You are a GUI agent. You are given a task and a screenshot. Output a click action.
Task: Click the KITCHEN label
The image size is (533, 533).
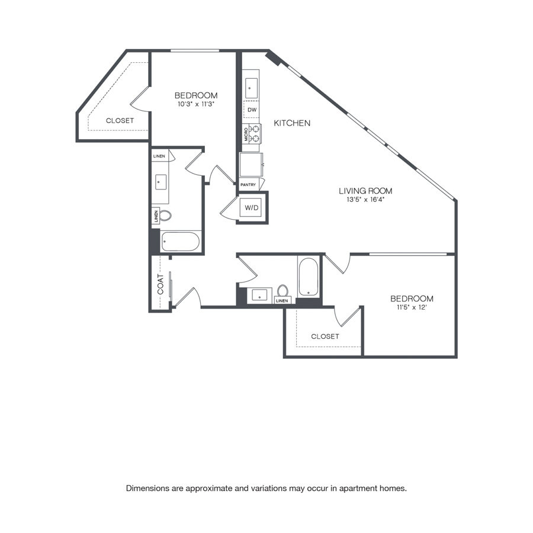click(x=292, y=123)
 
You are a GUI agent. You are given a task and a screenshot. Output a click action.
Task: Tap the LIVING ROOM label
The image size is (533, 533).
click(x=365, y=191)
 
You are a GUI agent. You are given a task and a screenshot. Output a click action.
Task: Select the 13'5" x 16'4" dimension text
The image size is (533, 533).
click(x=365, y=200)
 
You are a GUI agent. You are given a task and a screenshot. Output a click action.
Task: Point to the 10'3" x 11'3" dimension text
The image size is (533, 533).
click(x=196, y=104)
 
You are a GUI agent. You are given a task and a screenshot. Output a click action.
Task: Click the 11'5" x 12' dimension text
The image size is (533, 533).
click(x=412, y=307)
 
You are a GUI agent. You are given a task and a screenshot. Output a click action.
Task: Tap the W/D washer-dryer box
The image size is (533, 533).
click(x=252, y=207)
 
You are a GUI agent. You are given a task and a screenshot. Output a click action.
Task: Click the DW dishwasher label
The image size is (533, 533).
click(x=252, y=110)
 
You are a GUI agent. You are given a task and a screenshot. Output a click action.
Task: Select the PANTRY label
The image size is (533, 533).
click(x=248, y=185)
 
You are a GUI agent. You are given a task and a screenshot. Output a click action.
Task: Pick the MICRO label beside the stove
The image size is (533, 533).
click(x=246, y=134)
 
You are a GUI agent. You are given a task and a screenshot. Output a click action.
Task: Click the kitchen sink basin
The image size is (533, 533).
click(x=251, y=88)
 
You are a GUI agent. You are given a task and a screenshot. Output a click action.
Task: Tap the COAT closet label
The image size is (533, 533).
click(x=160, y=284)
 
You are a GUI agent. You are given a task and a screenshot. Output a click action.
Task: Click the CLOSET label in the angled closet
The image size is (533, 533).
click(x=120, y=121)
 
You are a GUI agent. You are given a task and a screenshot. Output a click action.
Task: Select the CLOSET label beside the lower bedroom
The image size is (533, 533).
click(x=325, y=336)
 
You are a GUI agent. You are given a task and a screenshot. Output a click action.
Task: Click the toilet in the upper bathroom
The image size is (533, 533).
click(x=165, y=215)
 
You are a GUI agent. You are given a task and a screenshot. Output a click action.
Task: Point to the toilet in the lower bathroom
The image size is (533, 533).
click(x=282, y=291)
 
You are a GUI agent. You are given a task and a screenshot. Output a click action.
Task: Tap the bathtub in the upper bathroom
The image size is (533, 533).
click(x=180, y=242)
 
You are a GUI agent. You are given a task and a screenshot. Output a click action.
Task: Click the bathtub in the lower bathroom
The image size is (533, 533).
click(x=309, y=277)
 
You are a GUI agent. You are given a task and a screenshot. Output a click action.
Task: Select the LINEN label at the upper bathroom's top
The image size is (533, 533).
click(x=159, y=156)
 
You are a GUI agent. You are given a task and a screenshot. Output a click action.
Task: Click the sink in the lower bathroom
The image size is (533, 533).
click(x=259, y=295)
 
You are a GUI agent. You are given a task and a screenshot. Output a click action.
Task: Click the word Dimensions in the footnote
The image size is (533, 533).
click(x=147, y=489)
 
